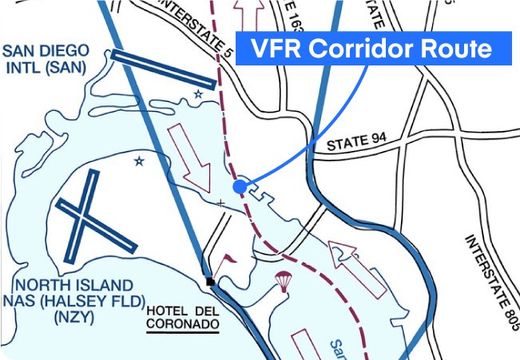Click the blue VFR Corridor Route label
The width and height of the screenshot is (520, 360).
pos(372,49)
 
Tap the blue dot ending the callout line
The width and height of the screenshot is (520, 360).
pos(239,186)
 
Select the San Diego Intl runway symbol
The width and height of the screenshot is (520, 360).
pos(163,69)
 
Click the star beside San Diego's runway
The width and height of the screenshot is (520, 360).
pos(198,94)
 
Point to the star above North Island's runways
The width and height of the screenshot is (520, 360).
pos(139,162)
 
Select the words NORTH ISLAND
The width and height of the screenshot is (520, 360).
pos(74,285)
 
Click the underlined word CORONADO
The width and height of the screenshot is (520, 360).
pos(182,325)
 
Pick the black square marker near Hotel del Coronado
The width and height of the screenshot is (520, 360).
pos(209,282)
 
